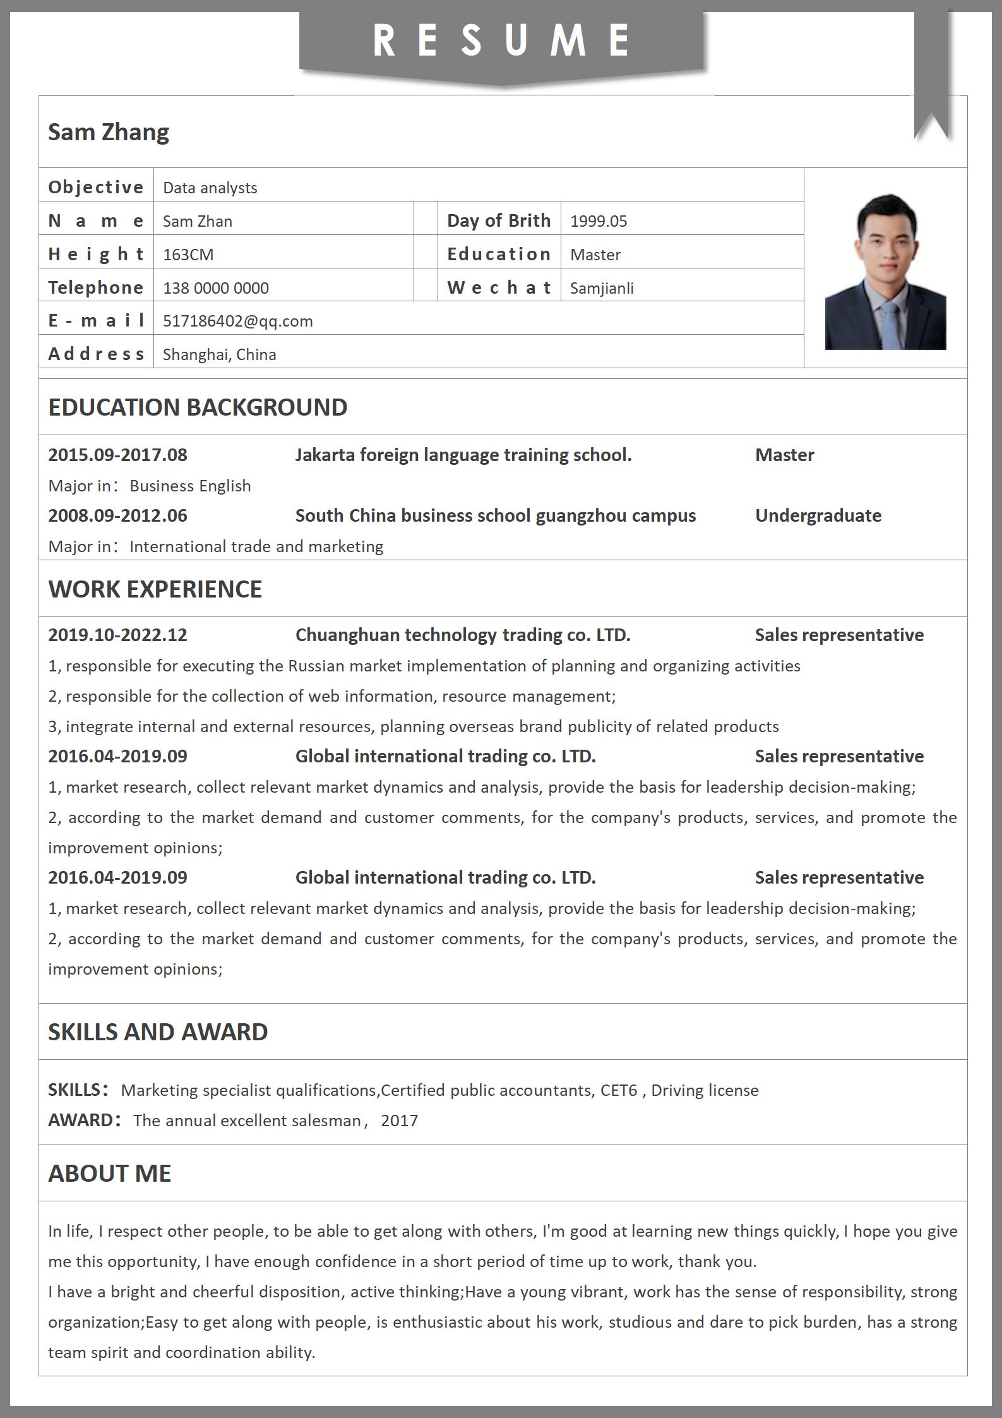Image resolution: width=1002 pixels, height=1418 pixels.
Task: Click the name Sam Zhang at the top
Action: coord(109,132)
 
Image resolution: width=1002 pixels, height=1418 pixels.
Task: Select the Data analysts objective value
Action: coord(210,188)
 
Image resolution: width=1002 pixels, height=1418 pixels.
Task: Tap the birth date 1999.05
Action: coord(599,221)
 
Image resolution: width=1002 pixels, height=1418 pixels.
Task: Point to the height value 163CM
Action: coord(188,255)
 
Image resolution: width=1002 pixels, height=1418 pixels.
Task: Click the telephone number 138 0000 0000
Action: coord(216,288)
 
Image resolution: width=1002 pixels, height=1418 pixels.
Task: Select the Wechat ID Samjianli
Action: coord(602,288)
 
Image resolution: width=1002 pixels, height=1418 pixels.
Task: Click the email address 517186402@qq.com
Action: coord(238,321)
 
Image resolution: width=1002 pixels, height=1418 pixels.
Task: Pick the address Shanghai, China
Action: coord(220,354)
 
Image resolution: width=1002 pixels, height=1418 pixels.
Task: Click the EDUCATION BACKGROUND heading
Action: coord(198,407)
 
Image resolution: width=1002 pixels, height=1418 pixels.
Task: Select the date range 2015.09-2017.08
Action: coord(118,455)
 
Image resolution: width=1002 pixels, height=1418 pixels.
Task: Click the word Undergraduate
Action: coord(818,515)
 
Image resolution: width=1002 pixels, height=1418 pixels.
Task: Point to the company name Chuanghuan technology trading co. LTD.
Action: coord(463,635)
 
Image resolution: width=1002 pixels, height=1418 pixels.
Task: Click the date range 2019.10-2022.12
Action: coord(118,635)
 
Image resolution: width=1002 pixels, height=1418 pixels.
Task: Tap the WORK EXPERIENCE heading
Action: coord(155,589)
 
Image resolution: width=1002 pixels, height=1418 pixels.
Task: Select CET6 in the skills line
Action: coord(619,1090)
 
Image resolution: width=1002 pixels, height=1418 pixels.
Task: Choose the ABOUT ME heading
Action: coord(110,1174)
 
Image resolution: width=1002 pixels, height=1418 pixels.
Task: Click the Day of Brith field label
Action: coord(499,220)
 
